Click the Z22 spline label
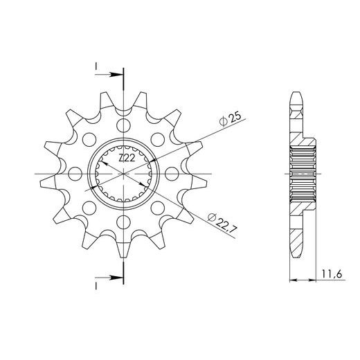pos(127,159)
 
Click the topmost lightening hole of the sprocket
pos(123,125)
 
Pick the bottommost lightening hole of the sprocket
pos(123,222)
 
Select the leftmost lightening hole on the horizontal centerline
pos(75,174)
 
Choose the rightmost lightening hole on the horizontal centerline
pos(172,174)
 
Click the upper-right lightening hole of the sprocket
pos(158,139)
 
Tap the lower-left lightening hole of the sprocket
pos(89,208)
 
